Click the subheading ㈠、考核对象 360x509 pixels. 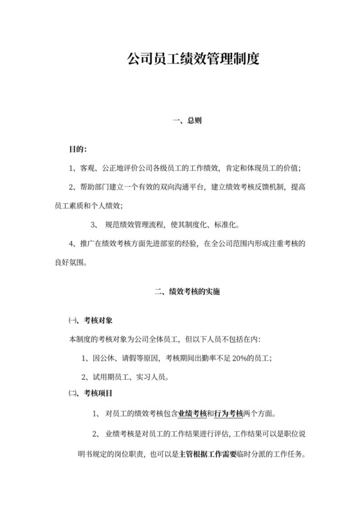91,320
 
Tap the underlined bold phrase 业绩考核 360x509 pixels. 193,413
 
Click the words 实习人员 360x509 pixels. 152,376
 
